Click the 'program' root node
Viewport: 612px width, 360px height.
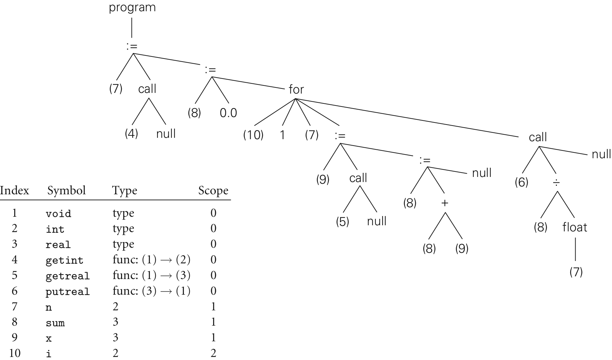132,7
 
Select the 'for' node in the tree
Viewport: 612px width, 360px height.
296,89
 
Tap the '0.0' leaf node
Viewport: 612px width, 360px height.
228,113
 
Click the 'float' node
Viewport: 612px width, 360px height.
575,227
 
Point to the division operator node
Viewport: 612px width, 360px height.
556,183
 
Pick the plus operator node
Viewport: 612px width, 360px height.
445,203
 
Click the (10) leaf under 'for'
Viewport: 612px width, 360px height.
253,135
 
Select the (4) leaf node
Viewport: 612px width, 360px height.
131,133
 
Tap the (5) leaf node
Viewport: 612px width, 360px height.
342,222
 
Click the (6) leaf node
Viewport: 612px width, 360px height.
521,182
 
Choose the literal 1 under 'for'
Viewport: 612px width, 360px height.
282,135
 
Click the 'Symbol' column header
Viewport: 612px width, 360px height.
67,190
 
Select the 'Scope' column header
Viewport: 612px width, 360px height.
213,190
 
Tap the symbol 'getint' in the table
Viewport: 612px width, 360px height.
65,260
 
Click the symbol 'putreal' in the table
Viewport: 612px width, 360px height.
68,292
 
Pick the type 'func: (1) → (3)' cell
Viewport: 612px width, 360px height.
151,275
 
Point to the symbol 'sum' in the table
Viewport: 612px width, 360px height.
55,323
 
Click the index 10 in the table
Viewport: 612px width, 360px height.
15,353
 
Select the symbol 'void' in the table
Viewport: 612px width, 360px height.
58,214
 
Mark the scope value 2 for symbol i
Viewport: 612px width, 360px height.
213,353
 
